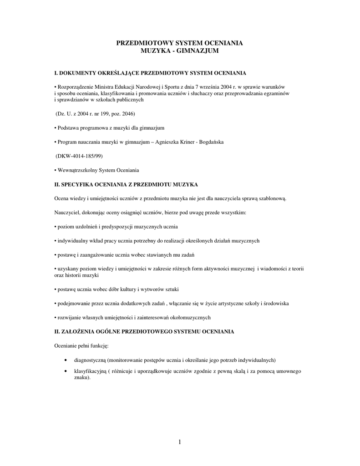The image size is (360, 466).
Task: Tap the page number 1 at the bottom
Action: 180,441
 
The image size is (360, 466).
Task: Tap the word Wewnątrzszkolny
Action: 76,170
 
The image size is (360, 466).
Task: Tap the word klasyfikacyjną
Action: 90,371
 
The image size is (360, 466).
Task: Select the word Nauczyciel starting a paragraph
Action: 68,213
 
